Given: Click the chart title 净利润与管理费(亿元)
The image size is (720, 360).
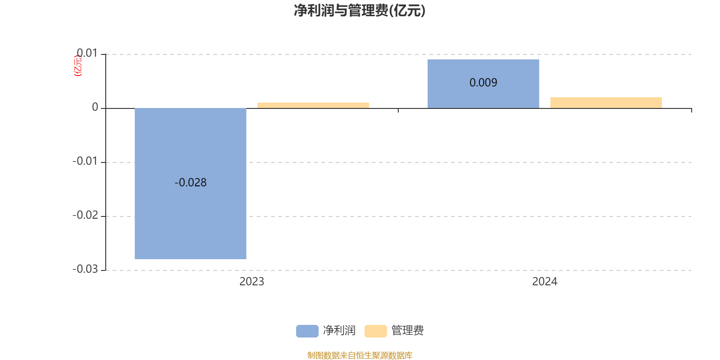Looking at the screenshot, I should point(360,11).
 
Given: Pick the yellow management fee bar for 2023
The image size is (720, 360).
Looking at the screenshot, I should point(313,105).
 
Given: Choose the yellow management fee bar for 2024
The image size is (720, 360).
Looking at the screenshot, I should point(606,103).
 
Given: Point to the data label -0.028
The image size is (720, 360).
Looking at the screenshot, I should point(190,183).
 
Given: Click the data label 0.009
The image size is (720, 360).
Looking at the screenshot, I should point(483,83).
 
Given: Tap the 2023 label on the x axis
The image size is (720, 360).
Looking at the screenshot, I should point(252,282).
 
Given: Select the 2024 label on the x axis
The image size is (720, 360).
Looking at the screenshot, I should point(544,282).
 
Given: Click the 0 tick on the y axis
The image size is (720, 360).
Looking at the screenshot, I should point(95,108).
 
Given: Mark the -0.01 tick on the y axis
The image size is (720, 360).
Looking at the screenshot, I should point(85,162).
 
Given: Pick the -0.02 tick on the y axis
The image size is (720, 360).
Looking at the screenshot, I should point(85,216).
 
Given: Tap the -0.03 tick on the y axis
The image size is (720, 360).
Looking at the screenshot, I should point(85,270).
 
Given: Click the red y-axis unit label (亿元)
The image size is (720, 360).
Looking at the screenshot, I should point(78,66).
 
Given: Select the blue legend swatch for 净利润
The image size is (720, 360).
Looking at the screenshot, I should point(307,331).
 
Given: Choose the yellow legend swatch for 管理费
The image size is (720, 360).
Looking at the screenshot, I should point(375,331).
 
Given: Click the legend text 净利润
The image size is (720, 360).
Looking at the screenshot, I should point(339,331).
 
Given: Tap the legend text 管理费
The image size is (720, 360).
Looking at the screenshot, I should point(408,331).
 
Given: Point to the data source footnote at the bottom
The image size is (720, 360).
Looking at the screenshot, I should point(360,355).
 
